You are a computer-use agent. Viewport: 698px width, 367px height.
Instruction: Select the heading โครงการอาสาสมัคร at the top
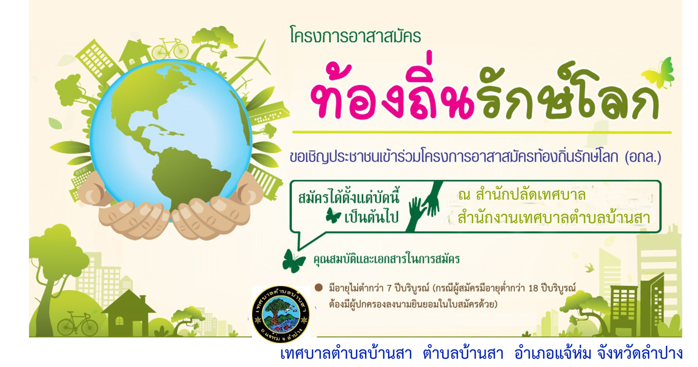[x=356, y=35]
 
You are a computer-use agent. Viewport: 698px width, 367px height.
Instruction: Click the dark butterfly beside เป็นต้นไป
[x=333, y=216]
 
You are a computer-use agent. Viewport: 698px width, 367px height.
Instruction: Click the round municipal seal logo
[x=281, y=314]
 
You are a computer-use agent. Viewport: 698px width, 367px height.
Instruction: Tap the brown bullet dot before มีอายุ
[x=318, y=288]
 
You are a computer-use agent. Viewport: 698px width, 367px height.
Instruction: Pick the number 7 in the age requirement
[x=389, y=288]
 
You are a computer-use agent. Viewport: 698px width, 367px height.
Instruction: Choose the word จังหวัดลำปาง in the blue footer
[x=640, y=354]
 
